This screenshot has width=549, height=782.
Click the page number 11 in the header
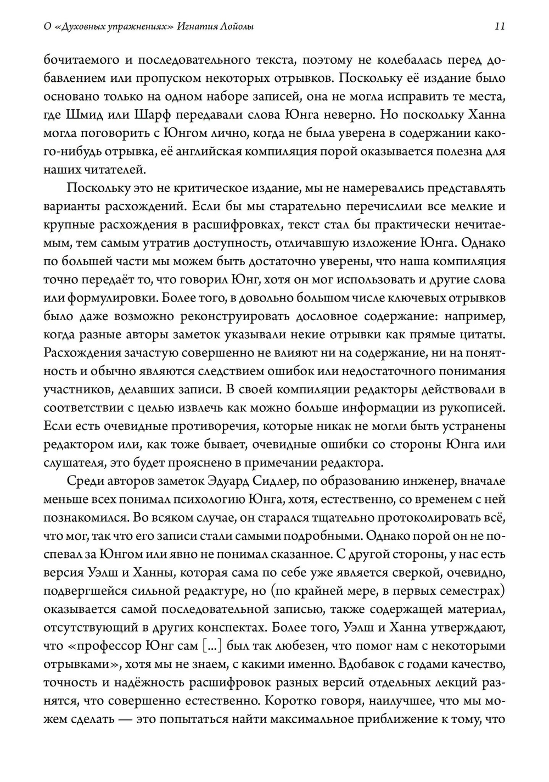500,26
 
